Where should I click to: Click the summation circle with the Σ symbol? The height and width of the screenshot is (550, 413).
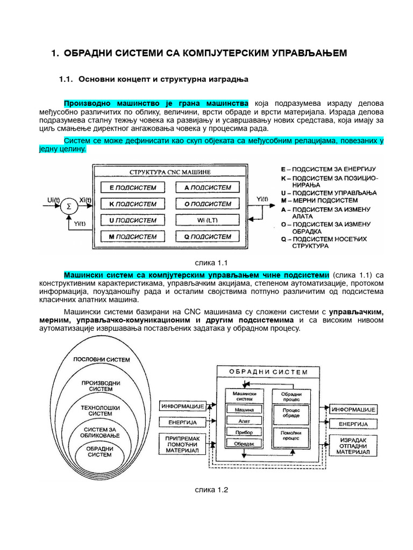point(68,206)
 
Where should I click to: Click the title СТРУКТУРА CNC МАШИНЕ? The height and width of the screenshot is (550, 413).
point(170,172)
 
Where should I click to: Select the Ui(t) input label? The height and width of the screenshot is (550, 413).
point(53,200)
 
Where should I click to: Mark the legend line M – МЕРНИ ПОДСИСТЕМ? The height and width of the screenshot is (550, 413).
point(319,200)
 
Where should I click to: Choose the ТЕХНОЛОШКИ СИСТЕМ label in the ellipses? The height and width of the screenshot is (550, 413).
point(97,411)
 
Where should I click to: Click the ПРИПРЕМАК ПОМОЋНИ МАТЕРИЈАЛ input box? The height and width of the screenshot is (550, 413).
point(182,445)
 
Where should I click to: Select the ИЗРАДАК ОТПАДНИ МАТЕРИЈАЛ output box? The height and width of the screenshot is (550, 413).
point(353,446)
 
